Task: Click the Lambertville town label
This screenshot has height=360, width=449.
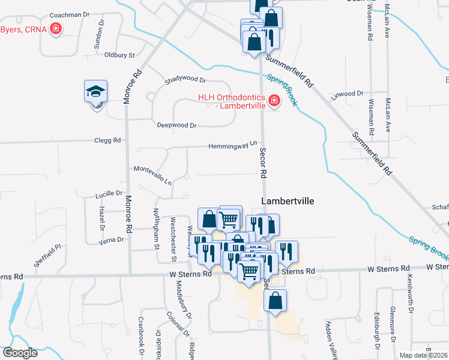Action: click(x=288, y=201)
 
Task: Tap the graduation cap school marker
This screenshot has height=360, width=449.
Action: click(x=95, y=92)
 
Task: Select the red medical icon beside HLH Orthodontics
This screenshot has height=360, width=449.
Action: click(x=274, y=101)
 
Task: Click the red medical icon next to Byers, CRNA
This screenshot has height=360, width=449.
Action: click(x=56, y=28)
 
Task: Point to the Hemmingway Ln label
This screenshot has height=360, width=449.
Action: click(x=233, y=145)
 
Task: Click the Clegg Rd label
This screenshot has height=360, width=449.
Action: click(x=107, y=140)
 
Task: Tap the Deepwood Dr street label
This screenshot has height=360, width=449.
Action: click(x=176, y=125)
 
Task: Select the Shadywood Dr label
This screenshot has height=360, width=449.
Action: click(x=185, y=80)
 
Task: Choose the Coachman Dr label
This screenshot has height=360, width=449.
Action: click(x=69, y=14)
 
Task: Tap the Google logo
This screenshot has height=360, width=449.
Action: click(x=20, y=353)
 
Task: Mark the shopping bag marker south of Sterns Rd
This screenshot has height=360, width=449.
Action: click(x=275, y=301)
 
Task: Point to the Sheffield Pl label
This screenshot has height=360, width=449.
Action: click(x=47, y=256)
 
